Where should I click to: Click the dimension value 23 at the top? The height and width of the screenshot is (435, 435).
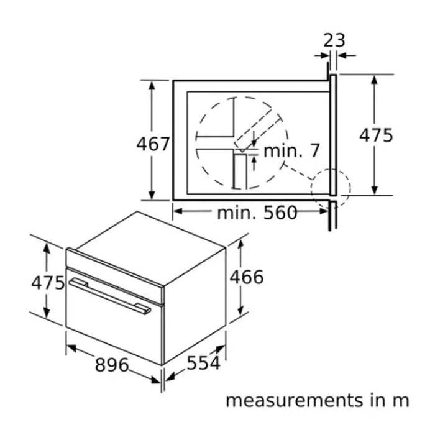[334, 40]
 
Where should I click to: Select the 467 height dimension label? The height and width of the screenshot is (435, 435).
[153, 144]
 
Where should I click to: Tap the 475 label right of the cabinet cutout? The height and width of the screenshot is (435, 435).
[376, 135]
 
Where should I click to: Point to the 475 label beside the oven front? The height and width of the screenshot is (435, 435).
[48, 283]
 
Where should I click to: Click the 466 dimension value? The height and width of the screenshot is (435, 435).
[247, 277]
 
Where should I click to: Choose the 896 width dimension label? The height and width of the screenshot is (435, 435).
[112, 365]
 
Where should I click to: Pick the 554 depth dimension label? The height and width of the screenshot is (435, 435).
[204, 362]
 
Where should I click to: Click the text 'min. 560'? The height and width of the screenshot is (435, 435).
[257, 213]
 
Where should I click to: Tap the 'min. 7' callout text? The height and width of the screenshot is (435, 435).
[292, 150]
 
